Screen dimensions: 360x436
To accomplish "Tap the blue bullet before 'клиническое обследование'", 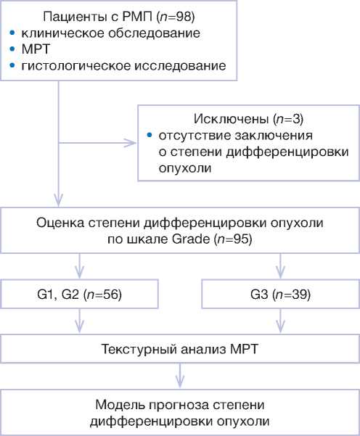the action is tap(12, 33).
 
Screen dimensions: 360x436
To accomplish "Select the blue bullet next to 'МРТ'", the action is tap(12, 49).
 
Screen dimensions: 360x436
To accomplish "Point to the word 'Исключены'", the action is tap(231, 119).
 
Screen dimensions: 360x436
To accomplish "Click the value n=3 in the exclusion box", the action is tap(288, 119).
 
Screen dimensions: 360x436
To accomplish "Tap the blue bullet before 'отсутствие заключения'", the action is tap(150, 136).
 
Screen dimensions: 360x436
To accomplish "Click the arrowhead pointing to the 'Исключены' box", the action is tap(130, 143).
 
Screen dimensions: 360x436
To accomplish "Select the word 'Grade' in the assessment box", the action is tap(191, 239).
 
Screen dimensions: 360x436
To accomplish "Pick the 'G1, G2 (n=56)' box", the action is tap(80, 294).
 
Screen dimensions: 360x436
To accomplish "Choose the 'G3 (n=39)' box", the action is tap(280, 294).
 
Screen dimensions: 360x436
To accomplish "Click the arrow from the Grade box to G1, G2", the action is tap(80, 266).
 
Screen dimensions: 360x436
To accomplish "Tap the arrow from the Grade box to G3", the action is tap(280, 266).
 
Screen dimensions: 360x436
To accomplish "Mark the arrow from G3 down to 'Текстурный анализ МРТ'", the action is tap(280, 321).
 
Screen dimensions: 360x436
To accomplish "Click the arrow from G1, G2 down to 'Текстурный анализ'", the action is tap(80, 321).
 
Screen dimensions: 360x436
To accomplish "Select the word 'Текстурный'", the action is tap(136, 349).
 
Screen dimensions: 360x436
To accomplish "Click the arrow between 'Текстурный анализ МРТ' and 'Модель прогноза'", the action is tap(180, 375).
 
